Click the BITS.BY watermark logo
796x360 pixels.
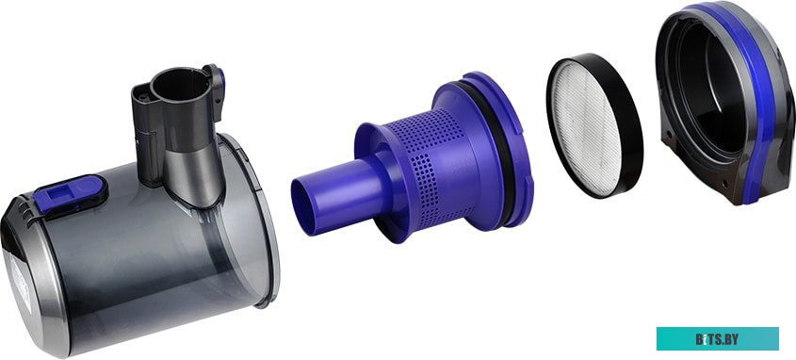click(717, 339)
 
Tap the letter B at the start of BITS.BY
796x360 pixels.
click(699, 339)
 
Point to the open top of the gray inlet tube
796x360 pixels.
click(180, 84)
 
